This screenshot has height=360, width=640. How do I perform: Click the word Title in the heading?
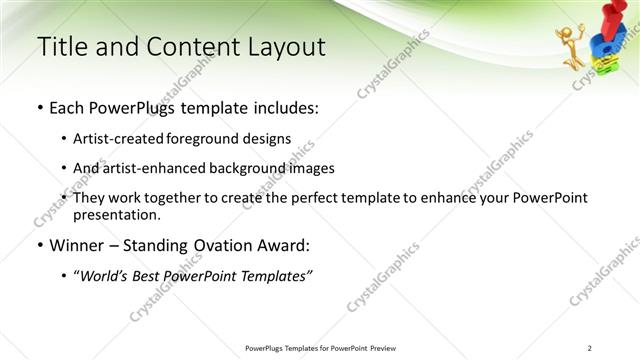point(59,46)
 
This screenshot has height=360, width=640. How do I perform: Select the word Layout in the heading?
point(284,46)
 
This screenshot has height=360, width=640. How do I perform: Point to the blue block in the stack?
point(601,46)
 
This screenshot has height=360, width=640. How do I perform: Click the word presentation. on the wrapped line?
point(116,214)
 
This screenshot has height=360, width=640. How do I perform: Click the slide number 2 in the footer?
point(590,348)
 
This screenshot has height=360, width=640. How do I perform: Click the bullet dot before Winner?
point(39,246)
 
